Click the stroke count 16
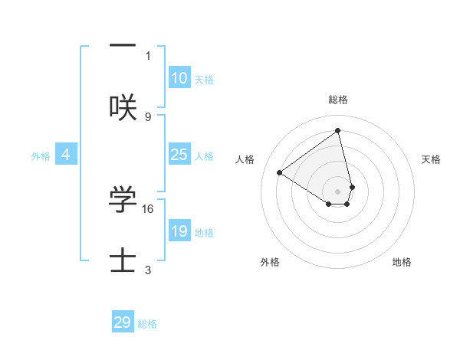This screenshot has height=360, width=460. pyautogui.click(x=149, y=208)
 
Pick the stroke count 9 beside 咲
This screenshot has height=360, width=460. pyautogui.click(x=148, y=116)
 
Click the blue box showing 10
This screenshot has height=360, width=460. pyautogui.click(x=179, y=78)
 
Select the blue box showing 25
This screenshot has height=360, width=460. pyautogui.click(x=179, y=155)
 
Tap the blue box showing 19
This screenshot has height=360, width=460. pyautogui.click(x=179, y=231)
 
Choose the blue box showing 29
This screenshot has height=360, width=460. pyautogui.click(x=123, y=322)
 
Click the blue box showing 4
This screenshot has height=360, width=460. pyautogui.click(x=66, y=155)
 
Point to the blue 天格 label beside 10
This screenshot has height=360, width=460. pyautogui.click(x=204, y=80)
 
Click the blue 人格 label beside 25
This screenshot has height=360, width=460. pyautogui.click(x=204, y=156)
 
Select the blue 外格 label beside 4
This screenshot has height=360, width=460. pyautogui.click(x=41, y=156)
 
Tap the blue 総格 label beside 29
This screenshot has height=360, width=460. pyautogui.click(x=147, y=324)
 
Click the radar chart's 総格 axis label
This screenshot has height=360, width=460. pyautogui.click(x=338, y=100)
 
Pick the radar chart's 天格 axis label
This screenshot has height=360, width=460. pyautogui.click(x=432, y=159)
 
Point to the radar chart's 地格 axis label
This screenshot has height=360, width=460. pyautogui.click(x=402, y=262)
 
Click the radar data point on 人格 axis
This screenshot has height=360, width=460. pyautogui.click(x=280, y=172)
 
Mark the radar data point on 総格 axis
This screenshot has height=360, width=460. pyautogui.click(x=338, y=131)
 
